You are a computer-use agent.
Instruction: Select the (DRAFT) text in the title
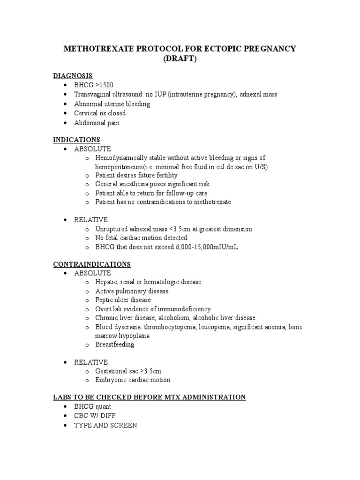pyautogui.click(x=180, y=60)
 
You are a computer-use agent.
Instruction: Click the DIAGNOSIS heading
pyautogui.click(x=73, y=75)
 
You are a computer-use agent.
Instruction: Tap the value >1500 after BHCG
pyautogui.click(x=103, y=85)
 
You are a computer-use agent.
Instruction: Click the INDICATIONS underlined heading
pyautogui.click(x=76, y=140)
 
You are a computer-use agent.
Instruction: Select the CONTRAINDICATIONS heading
pyautogui.click(x=92, y=264)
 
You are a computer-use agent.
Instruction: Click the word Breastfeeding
pyautogui.click(x=115, y=345)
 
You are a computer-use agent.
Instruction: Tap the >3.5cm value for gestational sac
pyautogui.click(x=150, y=371)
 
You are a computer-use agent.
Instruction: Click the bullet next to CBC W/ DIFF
pyautogui.click(x=63, y=416)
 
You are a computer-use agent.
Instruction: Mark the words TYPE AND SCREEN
pyautogui.click(x=105, y=425)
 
